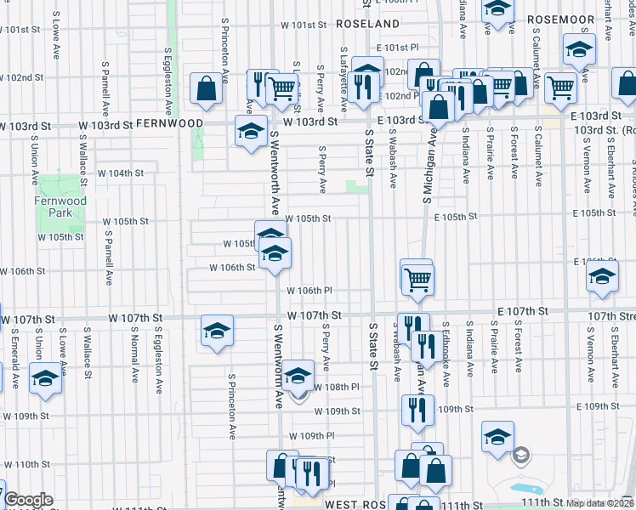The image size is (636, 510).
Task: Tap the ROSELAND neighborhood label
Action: coord(367,24)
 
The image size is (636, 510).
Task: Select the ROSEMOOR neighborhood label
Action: coord(559,18)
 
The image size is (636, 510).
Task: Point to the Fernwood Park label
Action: coord(60,207)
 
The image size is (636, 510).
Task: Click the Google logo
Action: coord(28,501)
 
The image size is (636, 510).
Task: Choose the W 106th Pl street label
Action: coord(309,291)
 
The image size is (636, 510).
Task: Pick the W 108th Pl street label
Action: coord(338,387)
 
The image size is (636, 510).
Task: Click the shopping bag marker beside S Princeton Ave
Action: coord(207,88)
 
